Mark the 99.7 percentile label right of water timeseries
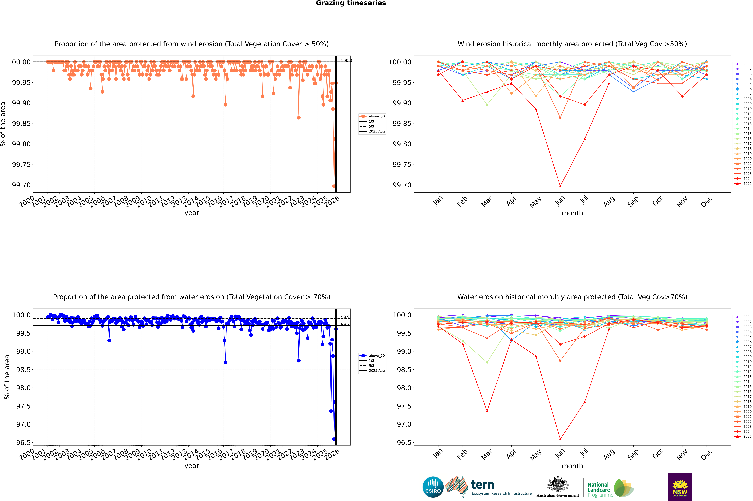coord(345,324)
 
